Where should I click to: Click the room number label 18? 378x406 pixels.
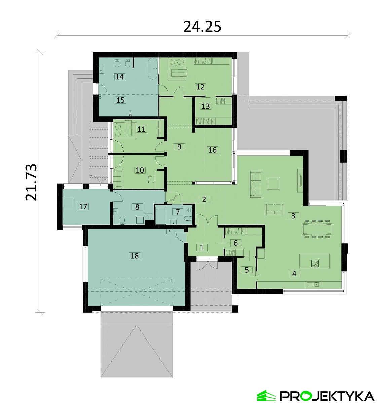point(135,256)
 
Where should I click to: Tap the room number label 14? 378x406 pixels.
point(120,77)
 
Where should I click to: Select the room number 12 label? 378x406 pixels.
point(200,87)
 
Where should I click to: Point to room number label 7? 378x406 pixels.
point(178,212)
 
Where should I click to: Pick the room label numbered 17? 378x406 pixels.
point(83,207)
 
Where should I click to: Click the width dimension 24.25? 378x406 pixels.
point(202,27)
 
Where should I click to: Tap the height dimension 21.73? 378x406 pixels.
point(31,182)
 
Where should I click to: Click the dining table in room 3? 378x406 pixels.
point(317,229)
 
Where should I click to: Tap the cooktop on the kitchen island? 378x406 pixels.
point(315,263)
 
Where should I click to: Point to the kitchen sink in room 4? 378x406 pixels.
point(313,284)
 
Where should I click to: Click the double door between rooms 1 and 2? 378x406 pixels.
point(207,220)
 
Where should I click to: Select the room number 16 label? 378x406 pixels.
point(212,150)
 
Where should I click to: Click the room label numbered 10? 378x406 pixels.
point(140,170)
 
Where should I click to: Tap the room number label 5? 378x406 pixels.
point(247,270)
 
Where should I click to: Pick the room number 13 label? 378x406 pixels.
point(205,106)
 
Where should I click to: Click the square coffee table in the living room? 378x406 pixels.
point(273,184)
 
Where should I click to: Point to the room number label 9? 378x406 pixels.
point(179,147)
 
